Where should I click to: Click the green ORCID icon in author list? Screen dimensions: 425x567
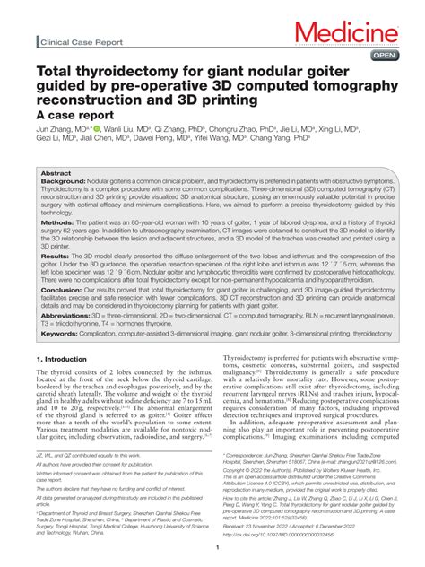click(x=96, y=129)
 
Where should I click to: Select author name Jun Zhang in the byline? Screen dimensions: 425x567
click(x=56, y=130)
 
